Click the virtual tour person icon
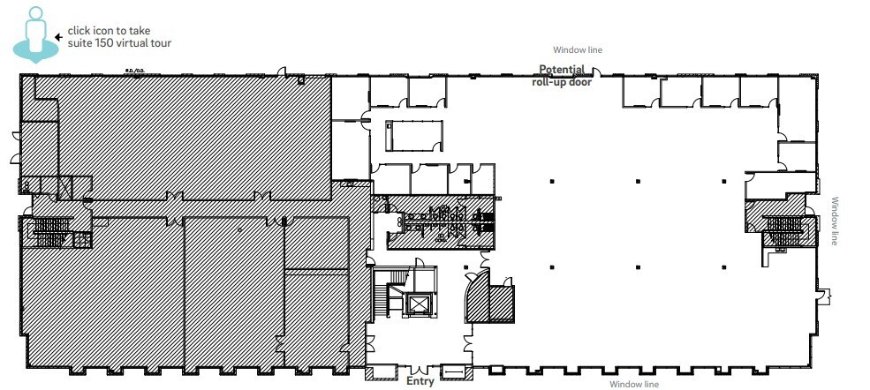(x=34, y=34)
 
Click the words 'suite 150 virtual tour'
(x=119, y=43)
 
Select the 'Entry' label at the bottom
(x=420, y=381)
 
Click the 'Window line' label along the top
(x=578, y=50)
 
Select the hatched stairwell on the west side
(x=50, y=232)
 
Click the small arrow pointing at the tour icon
(x=58, y=37)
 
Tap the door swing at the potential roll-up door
(x=596, y=72)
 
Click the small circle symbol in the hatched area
(x=239, y=229)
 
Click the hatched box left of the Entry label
(x=376, y=373)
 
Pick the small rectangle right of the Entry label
(x=451, y=372)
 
